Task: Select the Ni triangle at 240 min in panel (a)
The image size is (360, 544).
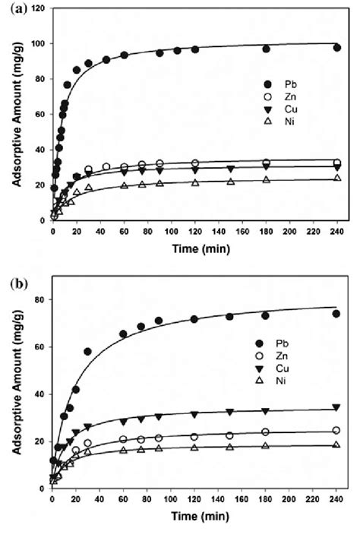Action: tap(336, 178)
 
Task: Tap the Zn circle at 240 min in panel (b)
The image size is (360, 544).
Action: tap(336, 430)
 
